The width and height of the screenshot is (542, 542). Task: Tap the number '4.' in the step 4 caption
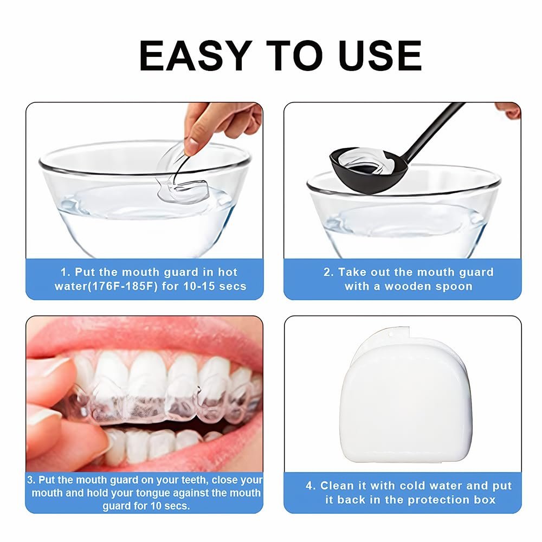pos(311,486)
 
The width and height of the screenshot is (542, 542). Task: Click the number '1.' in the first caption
pos(66,273)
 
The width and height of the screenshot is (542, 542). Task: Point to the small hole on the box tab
pos(391,334)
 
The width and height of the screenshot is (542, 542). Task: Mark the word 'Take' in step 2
pos(350,273)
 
